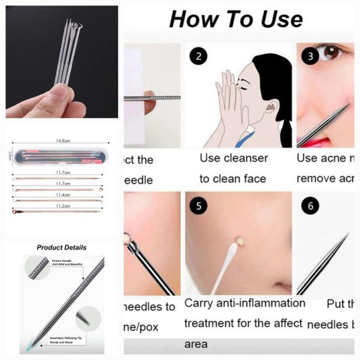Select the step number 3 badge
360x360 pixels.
click(309, 57)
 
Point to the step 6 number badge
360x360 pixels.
click(309, 205)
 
